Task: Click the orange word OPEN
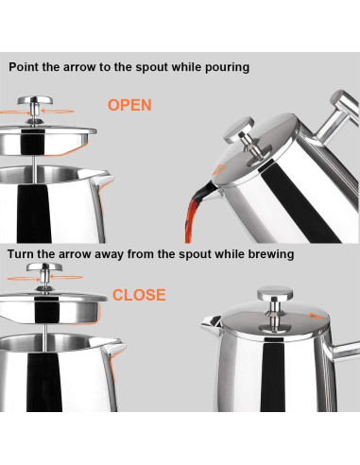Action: [129, 105]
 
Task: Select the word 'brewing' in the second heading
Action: [266, 254]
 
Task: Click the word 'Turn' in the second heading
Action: [25, 254]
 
